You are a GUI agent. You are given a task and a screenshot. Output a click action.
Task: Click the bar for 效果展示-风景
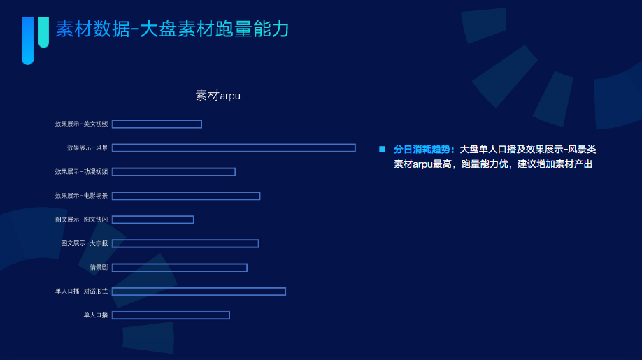[234, 147]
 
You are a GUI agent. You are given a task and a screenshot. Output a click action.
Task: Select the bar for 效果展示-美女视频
[157, 124]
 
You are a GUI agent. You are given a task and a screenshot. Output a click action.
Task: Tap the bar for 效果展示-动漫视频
[173, 171]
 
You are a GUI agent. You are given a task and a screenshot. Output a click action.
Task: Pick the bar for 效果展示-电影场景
[186, 196]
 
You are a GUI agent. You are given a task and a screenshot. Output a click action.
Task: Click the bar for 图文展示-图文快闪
[152, 219]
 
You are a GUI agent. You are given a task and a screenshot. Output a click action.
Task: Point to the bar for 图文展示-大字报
[185, 243]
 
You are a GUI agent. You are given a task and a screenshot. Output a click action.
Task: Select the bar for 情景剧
[179, 267]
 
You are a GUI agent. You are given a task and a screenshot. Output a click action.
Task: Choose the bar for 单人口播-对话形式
[199, 291]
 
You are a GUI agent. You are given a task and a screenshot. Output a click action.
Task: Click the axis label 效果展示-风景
[87, 147]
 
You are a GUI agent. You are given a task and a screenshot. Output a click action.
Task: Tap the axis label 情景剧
[99, 267]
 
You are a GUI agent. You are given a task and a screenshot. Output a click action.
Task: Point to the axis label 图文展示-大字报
[85, 243]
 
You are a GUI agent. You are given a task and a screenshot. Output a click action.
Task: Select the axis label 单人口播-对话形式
[82, 291]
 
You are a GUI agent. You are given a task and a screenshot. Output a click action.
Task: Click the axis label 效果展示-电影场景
[82, 196]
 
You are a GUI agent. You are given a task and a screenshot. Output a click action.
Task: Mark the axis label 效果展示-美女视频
[82, 124]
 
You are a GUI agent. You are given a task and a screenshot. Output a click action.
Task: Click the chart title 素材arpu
[217, 95]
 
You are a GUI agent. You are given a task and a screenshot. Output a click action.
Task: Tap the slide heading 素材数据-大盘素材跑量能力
[172, 29]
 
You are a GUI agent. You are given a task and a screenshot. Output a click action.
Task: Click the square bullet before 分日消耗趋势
[382, 149]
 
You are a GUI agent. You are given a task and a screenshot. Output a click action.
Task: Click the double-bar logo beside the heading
[35, 38]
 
